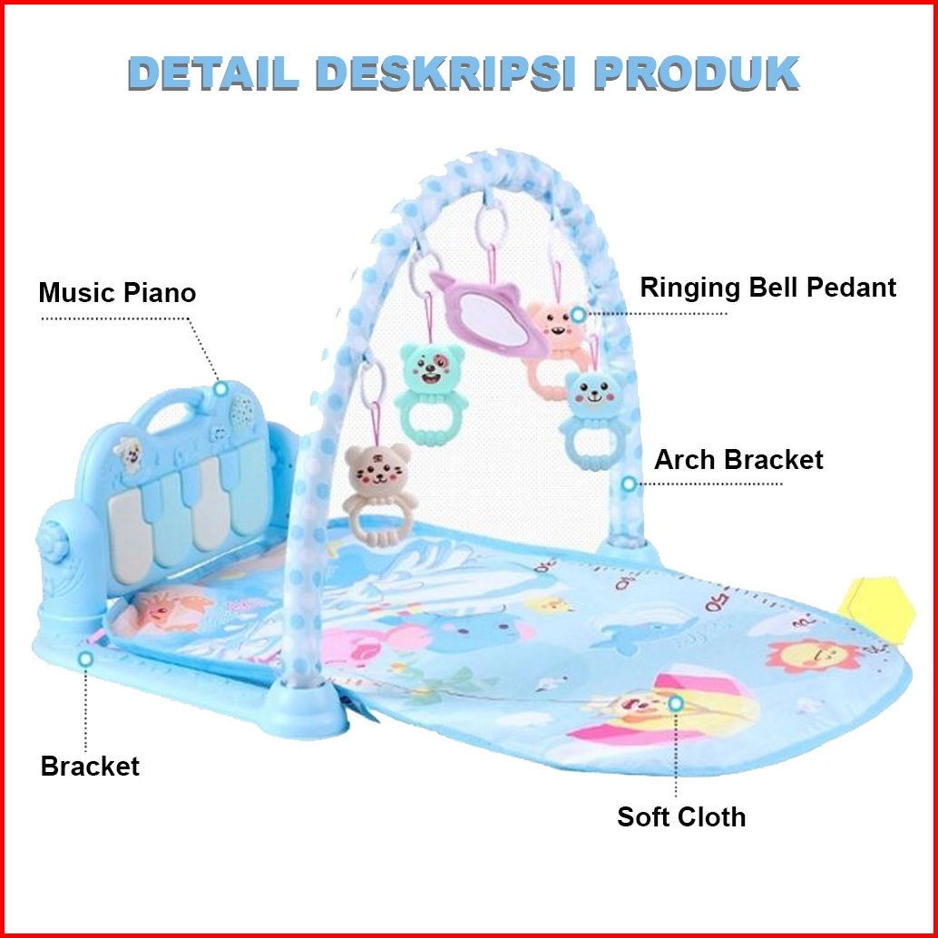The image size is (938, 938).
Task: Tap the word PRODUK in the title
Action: [697, 73]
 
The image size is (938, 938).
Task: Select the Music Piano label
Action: [117, 293]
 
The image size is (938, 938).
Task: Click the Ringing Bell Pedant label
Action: [767, 288]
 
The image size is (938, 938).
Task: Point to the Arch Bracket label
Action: [738, 459]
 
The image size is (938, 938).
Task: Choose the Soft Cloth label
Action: [681, 816]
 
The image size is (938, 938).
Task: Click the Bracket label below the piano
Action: [90, 766]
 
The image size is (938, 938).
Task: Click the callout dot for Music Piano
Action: [220, 388]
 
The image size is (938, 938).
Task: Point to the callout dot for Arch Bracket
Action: [628, 484]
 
